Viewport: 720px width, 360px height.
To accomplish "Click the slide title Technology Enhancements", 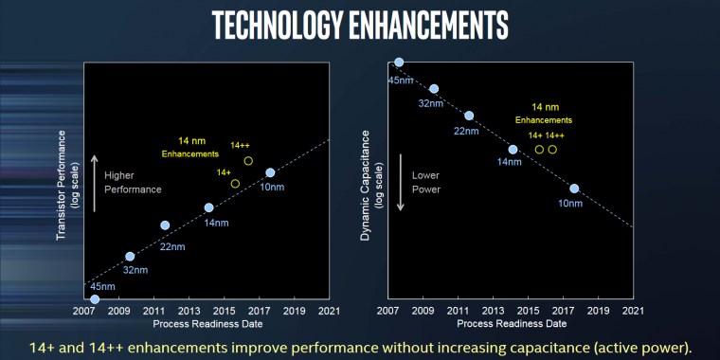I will pyautogui.click(x=360, y=26).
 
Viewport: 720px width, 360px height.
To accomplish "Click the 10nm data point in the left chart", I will pyautogui.click(x=270, y=172).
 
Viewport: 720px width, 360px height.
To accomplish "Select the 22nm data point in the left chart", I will pyautogui.click(x=165, y=225).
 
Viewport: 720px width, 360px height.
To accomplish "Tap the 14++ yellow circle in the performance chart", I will pyautogui.click(x=248, y=161).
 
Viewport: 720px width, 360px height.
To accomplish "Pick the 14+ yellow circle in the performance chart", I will pyautogui.click(x=235, y=183).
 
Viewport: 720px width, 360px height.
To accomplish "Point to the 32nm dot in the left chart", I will pyautogui.click(x=130, y=257).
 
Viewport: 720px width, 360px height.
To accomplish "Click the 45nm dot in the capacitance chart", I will pyautogui.click(x=399, y=63).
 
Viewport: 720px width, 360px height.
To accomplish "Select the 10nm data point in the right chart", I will pyautogui.click(x=574, y=189).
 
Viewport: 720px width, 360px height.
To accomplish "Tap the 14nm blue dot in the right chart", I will pyautogui.click(x=513, y=149).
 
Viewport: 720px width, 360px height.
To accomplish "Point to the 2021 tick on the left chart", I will pyautogui.click(x=329, y=310).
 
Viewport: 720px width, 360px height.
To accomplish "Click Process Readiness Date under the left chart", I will pyautogui.click(x=207, y=323).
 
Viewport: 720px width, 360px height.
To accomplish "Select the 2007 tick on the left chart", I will pyautogui.click(x=84, y=310).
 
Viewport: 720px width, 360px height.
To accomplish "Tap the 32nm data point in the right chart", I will pyautogui.click(x=434, y=89).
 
